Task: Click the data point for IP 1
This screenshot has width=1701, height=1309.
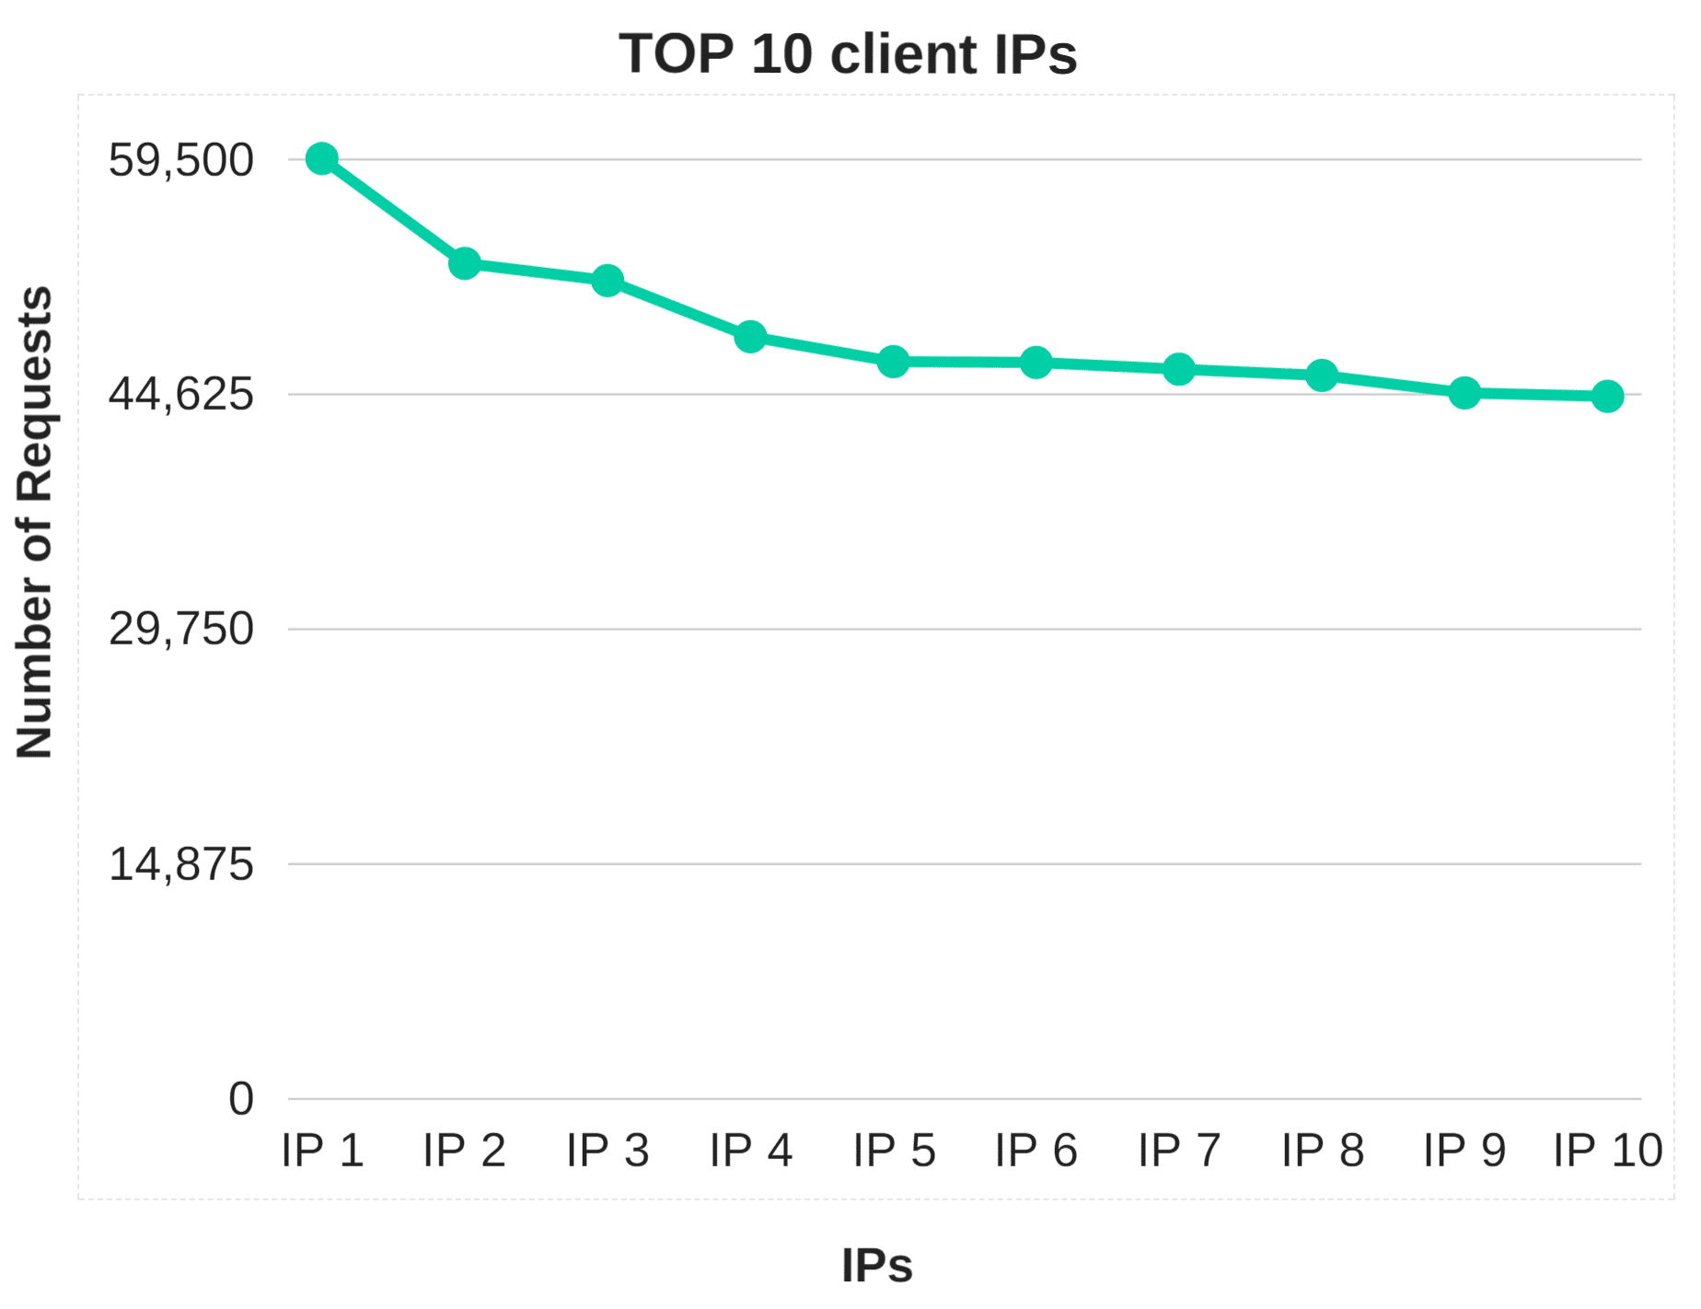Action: point(322,159)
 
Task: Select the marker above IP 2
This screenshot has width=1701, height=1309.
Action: point(465,263)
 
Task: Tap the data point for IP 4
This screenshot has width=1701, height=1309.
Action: point(751,337)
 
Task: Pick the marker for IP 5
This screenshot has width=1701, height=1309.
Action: point(894,362)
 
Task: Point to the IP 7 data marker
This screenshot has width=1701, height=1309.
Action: point(1179,369)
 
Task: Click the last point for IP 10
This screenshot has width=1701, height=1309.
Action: point(1608,397)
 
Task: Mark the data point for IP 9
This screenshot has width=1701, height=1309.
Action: point(1464,393)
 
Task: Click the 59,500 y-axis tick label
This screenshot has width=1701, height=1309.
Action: point(181,161)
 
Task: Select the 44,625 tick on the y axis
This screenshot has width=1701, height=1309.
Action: point(181,395)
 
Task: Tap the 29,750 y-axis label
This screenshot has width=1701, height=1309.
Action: point(181,631)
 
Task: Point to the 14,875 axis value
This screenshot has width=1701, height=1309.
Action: point(181,865)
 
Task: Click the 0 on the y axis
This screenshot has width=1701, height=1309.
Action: point(241,1099)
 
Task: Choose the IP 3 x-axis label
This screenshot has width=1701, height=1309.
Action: point(607,1151)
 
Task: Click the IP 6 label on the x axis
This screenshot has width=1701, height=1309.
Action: point(1036,1151)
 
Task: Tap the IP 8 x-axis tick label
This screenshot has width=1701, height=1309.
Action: point(1323,1151)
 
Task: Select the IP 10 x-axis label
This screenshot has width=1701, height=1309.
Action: point(1608,1151)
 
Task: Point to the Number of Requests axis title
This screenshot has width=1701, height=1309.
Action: point(35,523)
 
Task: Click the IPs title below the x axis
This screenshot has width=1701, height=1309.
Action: point(876,1265)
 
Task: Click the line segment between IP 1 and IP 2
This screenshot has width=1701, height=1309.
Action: point(394,212)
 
